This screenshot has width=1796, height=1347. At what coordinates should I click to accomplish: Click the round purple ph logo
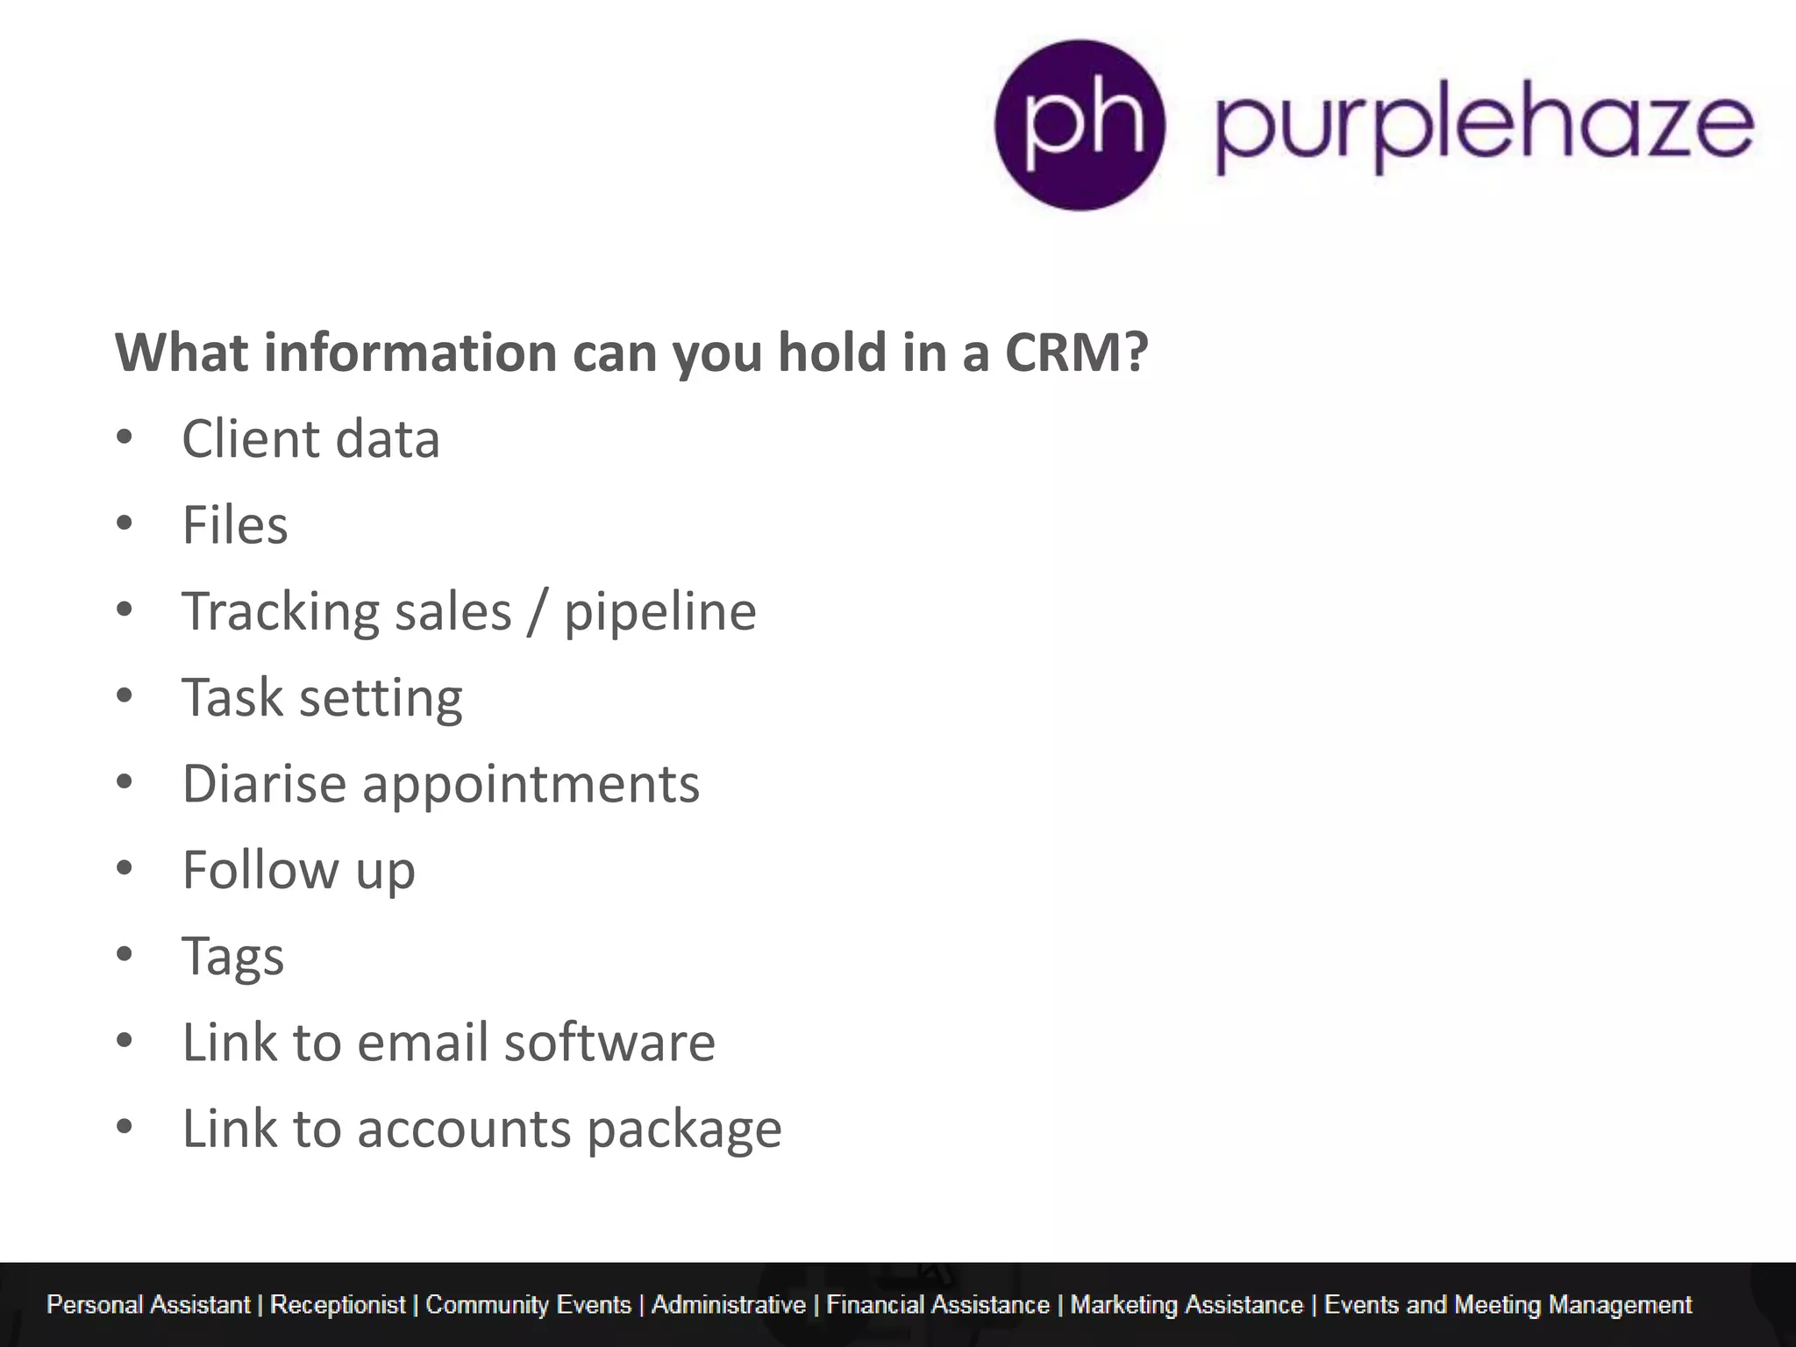1080,125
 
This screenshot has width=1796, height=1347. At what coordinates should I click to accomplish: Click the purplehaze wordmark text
1485,127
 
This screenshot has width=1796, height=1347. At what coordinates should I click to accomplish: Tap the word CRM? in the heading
1076,353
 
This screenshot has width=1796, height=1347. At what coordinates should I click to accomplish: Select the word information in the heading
410,353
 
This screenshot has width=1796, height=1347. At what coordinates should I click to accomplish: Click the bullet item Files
235,525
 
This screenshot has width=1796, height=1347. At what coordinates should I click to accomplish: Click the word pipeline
659,612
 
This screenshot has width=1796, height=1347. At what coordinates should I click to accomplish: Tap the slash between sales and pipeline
537,612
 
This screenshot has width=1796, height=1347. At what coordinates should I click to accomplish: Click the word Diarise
264,783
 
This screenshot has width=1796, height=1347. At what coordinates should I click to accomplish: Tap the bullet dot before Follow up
125,868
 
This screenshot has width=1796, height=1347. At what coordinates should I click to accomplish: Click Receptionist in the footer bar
338,1305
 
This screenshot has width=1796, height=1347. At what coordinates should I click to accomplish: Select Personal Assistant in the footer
148,1305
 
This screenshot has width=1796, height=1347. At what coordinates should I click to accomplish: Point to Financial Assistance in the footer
937,1305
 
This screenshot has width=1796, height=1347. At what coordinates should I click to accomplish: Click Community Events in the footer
528,1305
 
